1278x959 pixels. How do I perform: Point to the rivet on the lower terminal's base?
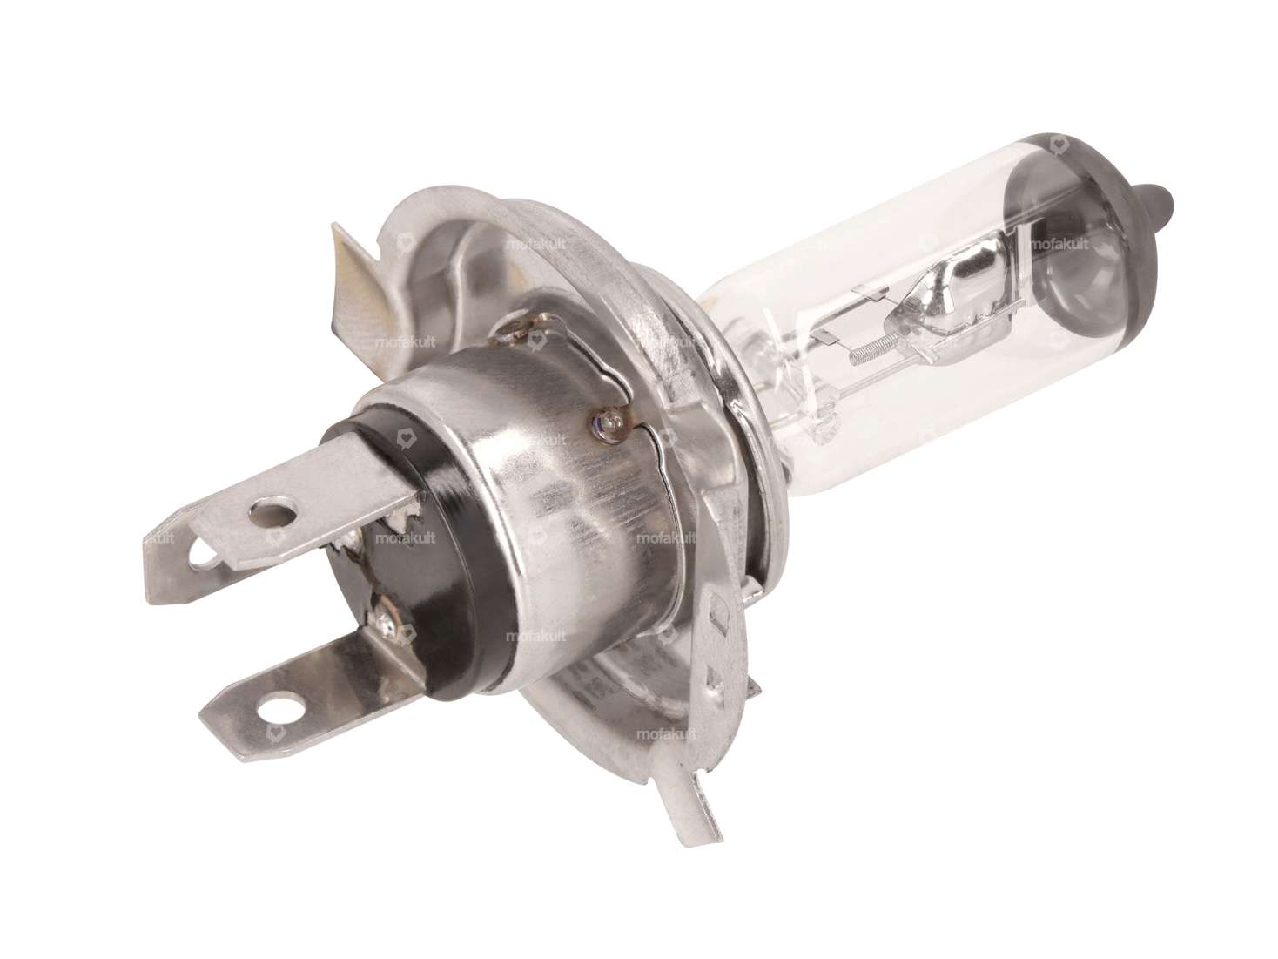384,621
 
